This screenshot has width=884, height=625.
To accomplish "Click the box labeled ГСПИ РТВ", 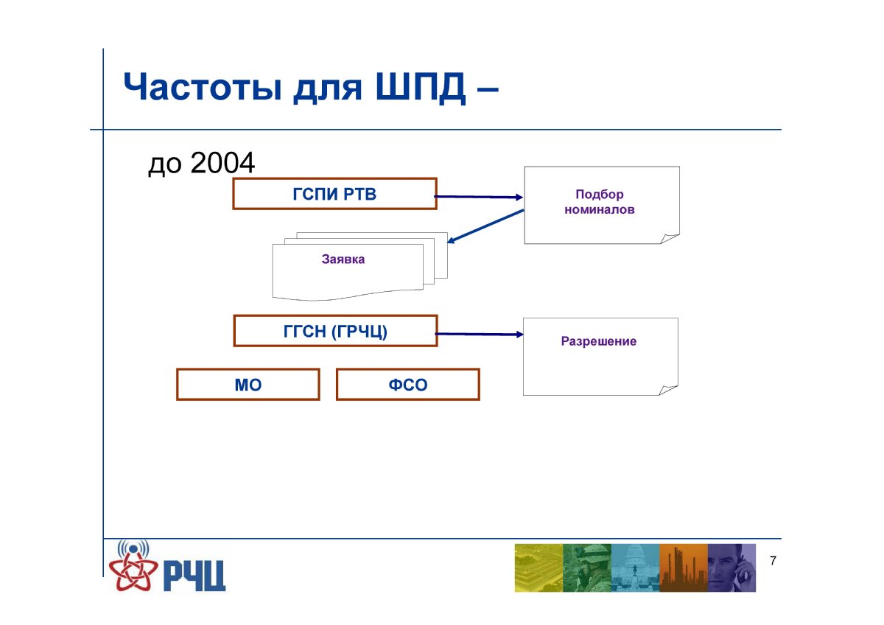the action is [334, 193].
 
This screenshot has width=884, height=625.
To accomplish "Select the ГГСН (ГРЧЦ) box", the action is [335, 331].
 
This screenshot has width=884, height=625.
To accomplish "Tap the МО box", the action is [248, 385].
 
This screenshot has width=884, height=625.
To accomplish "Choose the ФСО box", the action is [407, 385].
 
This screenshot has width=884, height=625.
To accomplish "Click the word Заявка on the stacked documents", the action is [343, 259].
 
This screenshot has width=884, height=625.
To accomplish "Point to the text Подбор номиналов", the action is [600, 202].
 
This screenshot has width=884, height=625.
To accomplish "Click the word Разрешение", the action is [599, 341].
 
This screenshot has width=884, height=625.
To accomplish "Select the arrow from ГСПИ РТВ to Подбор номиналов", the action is [478, 197].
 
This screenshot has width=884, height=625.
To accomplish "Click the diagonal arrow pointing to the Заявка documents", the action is [485, 226].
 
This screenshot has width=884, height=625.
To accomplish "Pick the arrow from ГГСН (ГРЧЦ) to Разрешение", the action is [479, 334].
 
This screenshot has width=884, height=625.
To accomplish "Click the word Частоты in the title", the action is [203, 86].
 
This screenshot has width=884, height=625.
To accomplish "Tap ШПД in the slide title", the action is [421, 87].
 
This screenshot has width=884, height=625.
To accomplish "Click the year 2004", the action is [222, 163].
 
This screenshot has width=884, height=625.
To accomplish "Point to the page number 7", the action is [773, 561].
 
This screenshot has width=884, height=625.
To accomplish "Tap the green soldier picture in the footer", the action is [587, 568].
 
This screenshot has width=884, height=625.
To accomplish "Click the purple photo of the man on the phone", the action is [732, 568].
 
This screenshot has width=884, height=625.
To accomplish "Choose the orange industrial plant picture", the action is [684, 568].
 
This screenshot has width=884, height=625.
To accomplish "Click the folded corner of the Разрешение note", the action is [667, 390].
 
